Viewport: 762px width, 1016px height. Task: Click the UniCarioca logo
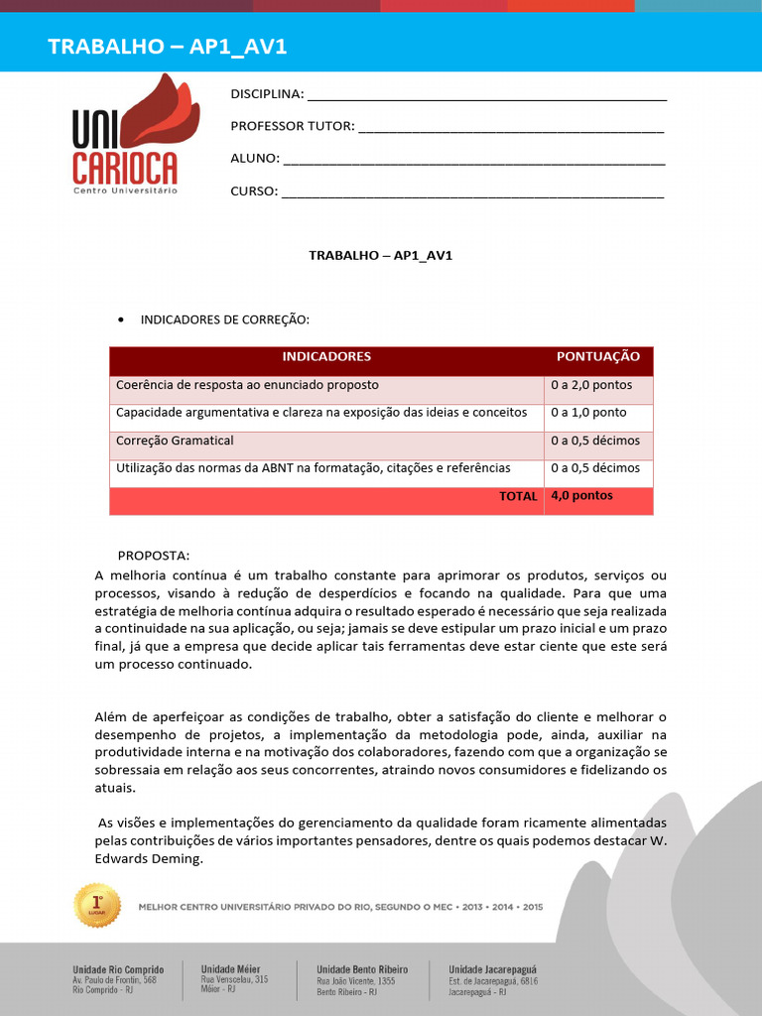coord(127,135)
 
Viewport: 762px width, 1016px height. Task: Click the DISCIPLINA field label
coord(267,95)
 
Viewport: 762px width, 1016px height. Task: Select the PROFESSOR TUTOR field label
coord(292,126)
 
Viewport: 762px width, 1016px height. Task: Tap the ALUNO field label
coord(255,159)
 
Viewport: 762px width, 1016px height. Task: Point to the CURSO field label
coord(254,191)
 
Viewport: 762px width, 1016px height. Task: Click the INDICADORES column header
coord(326,356)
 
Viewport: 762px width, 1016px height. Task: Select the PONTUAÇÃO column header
coord(597,356)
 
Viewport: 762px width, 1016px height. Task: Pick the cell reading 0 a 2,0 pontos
coord(591,385)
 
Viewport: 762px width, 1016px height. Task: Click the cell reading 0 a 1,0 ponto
coord(588,413)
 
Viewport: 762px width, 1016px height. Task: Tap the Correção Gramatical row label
coord(175,441)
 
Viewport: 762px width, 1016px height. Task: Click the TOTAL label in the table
coord(518,496)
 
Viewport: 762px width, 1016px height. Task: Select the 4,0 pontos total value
coord(581,496)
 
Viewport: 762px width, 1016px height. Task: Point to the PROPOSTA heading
coord(153,555)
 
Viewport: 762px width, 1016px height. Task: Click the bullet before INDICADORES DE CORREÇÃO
coord(120,319)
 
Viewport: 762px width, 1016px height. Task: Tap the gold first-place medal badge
coord(97,905)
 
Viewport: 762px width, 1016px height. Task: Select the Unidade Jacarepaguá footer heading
coord(493,969)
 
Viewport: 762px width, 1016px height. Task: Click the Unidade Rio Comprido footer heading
coord(118,969)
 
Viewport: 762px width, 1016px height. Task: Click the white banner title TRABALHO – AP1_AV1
coord(168,47)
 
